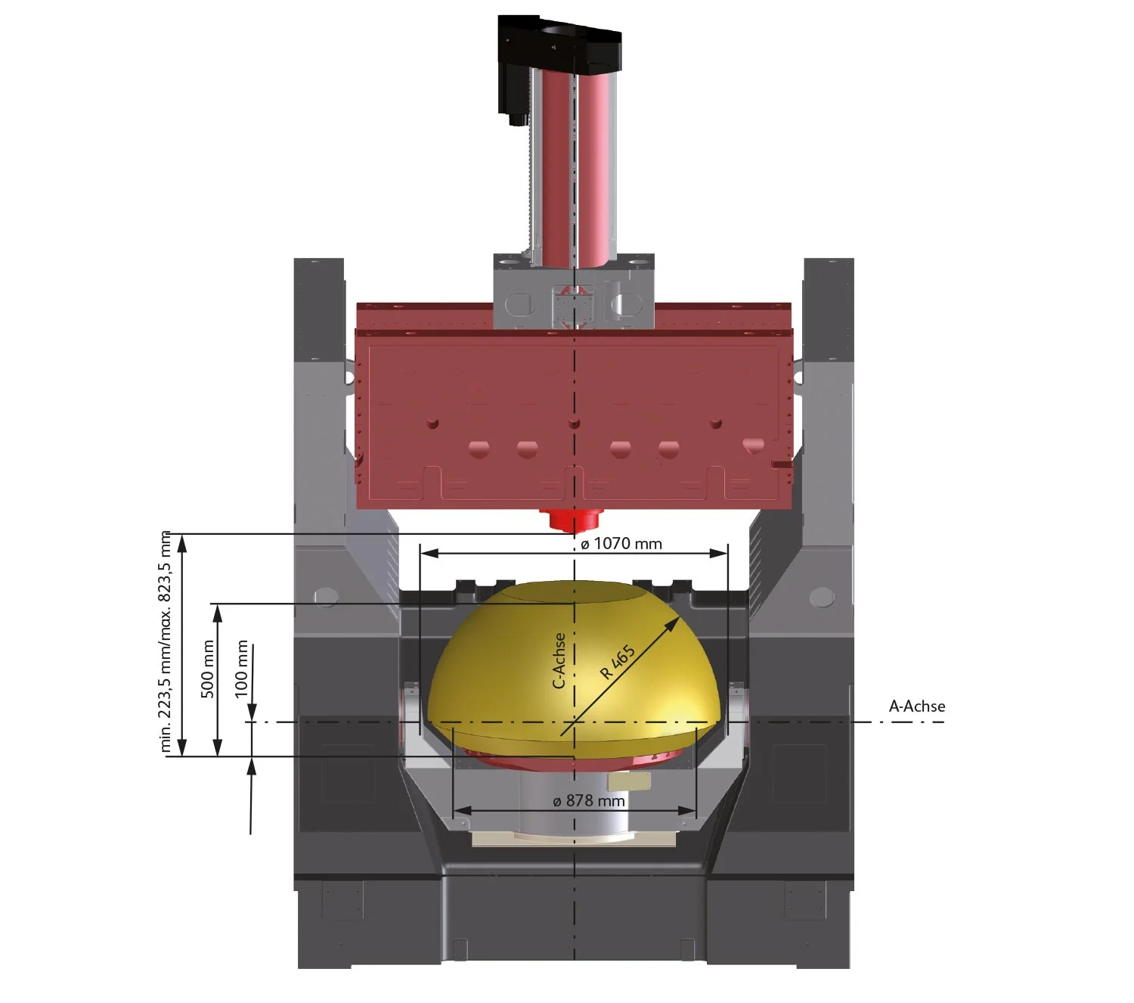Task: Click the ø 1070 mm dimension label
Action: [x=621, y=544]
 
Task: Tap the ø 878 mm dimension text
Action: [x=589, y=801]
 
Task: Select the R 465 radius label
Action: [x=618, y=662]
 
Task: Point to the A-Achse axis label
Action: [x=917, y=706]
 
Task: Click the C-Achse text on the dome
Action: [x=559, y=660]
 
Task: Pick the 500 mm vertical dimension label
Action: [x=208, y=669]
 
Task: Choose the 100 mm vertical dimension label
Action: [x=241, y=669]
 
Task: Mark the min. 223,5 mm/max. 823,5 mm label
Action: [x=166, y=641]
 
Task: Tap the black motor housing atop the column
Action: [x=559, y=45]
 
